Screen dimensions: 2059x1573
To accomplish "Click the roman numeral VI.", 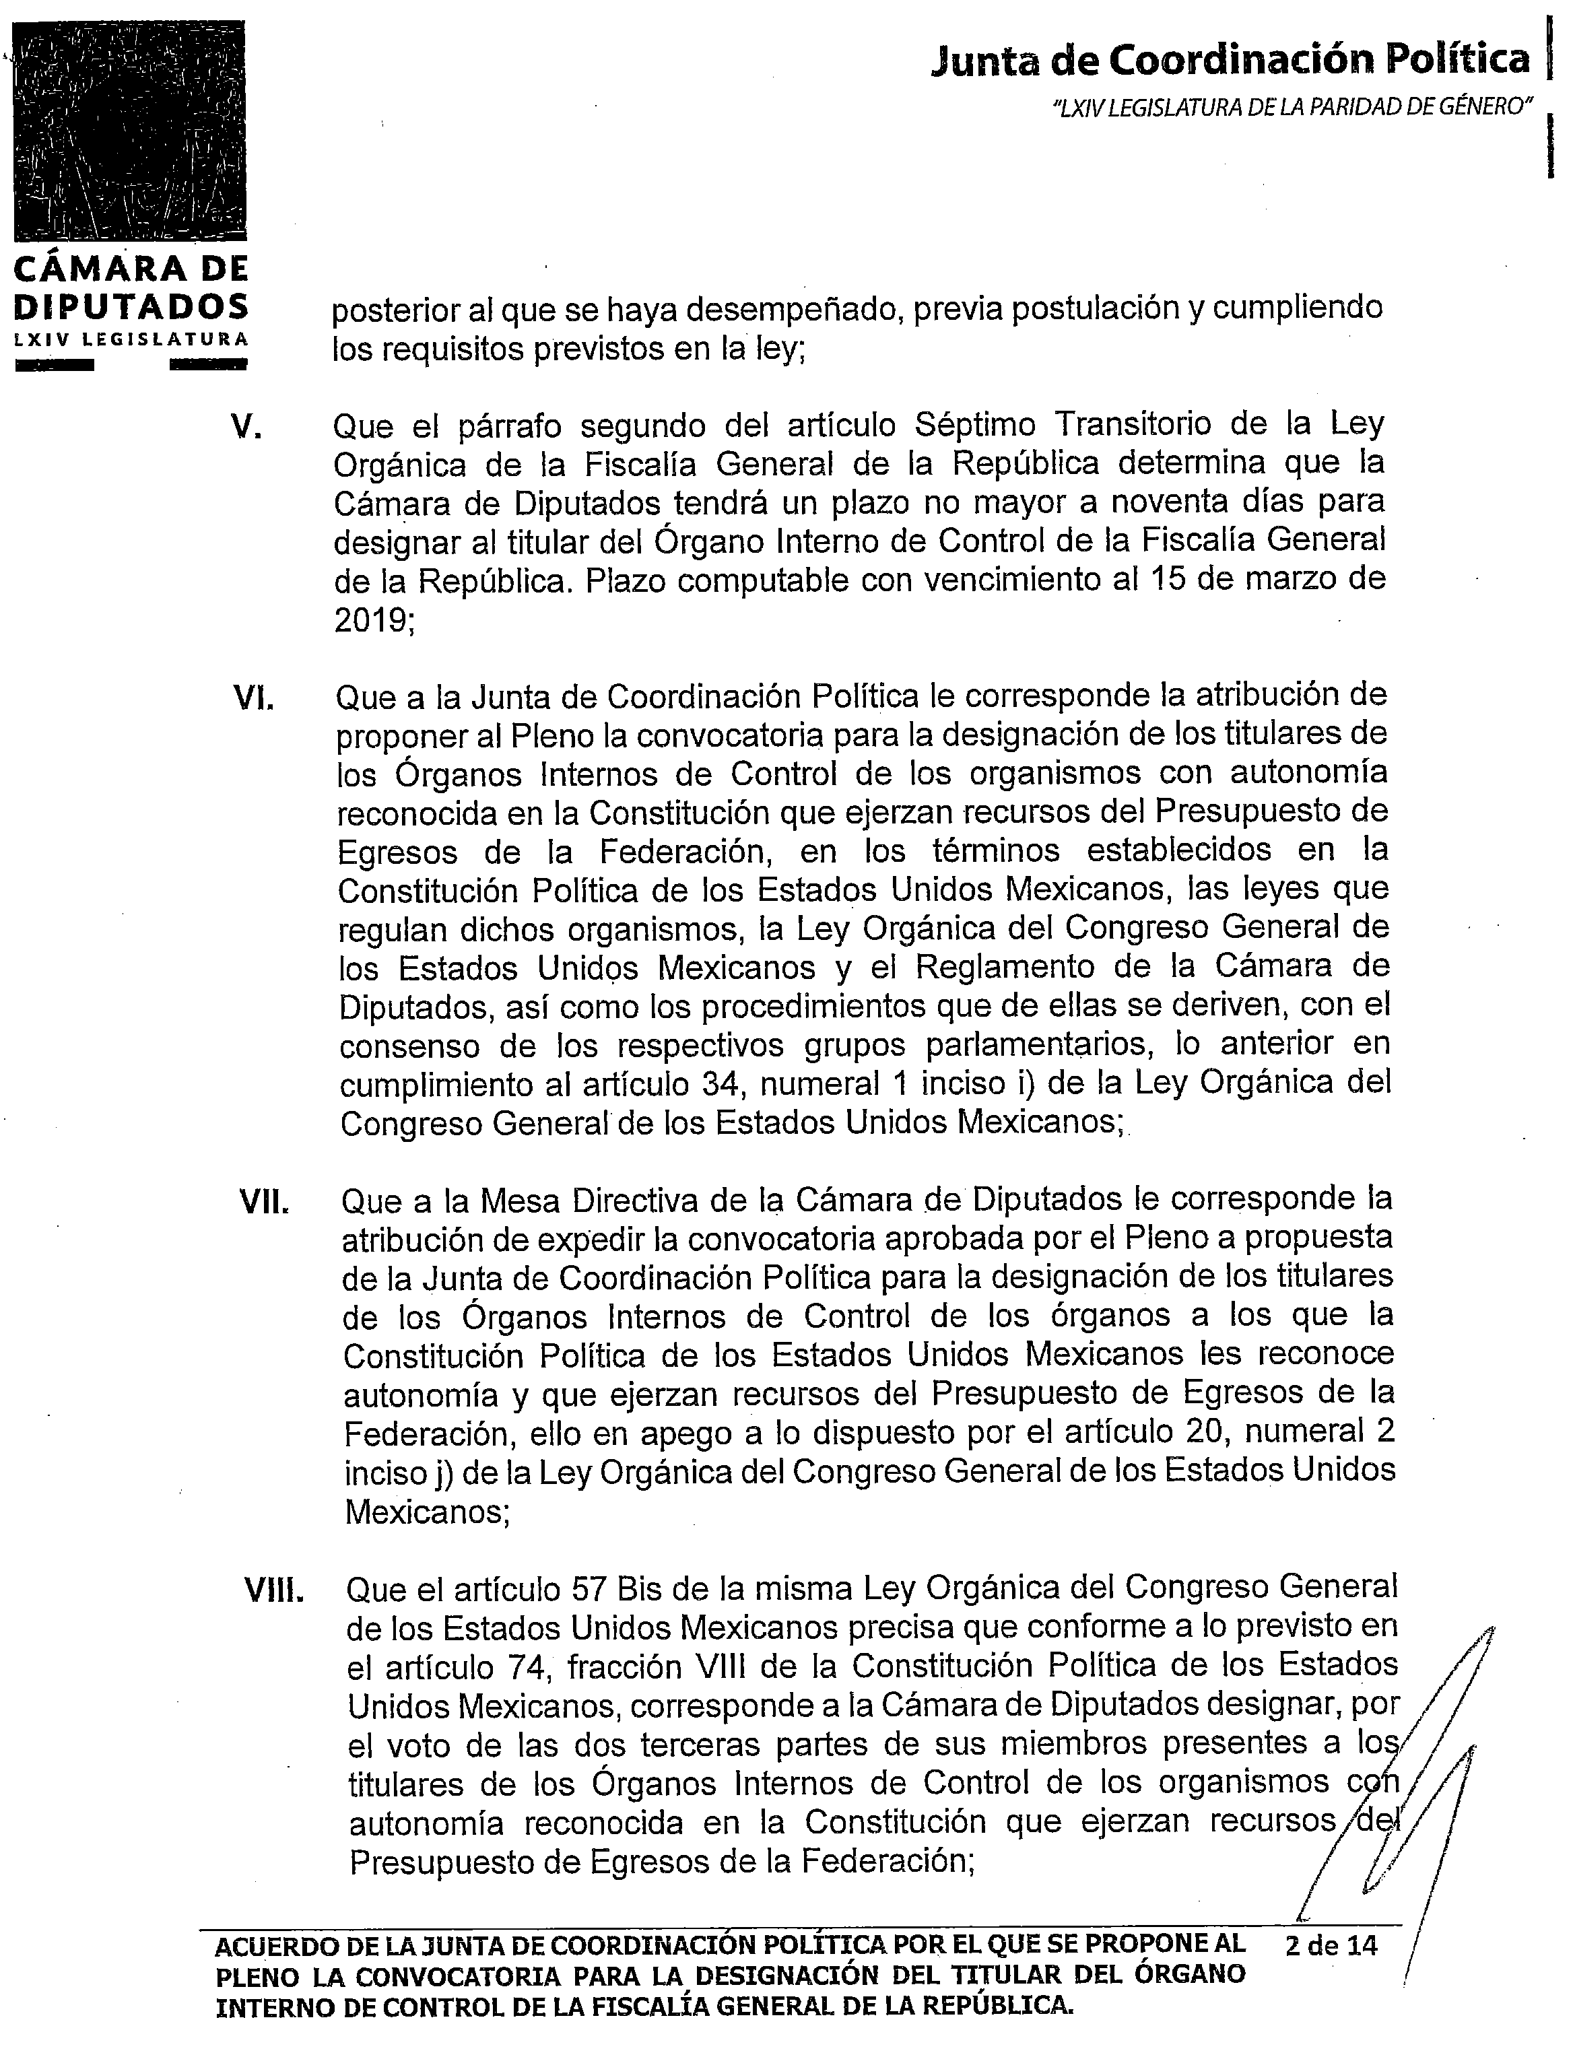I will (253, 698).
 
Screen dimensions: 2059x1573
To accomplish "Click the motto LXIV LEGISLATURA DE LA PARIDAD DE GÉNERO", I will (1291, 108).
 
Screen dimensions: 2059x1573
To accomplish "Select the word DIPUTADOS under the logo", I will (131, 306).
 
